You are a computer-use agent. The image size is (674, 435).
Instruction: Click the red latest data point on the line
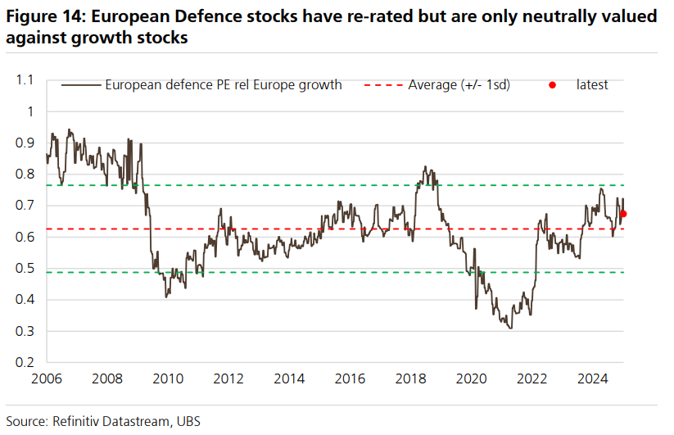pos(623,214)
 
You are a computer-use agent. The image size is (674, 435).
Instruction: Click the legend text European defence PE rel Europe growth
pos(223,84)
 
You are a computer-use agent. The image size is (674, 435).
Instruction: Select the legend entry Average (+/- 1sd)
pos(459,84)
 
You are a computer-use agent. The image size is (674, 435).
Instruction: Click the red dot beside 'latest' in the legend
pos(553,84)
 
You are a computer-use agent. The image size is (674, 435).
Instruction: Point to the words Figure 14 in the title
pos(43,16)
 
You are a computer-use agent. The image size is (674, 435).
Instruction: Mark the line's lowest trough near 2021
pos(510,329)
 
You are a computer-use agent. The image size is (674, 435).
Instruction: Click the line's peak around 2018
pos(425,166)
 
